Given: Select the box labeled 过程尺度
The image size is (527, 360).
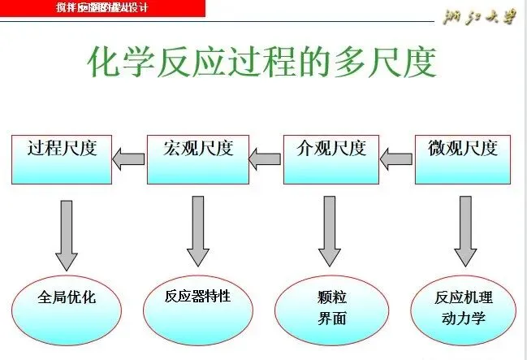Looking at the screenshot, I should [x=62, y=159].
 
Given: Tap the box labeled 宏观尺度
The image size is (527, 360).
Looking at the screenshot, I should [x=198, y=159].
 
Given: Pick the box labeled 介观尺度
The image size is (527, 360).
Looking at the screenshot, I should [x=331, y=159].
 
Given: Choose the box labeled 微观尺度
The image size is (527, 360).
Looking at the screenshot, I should [x=463, y=159].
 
